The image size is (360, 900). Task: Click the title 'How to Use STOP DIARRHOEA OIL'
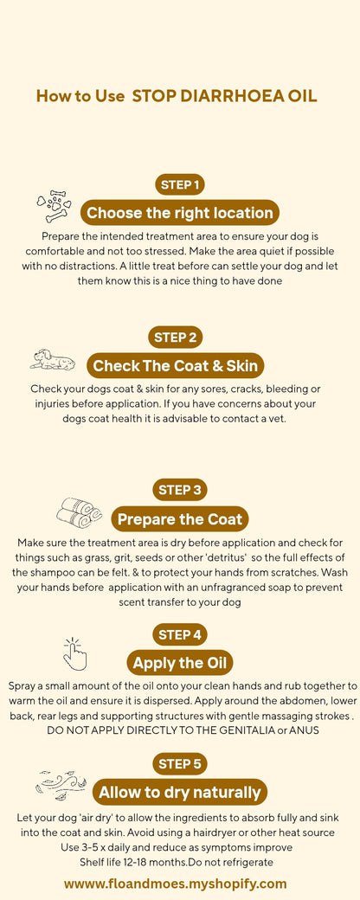pos(177,96)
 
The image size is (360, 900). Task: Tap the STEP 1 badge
pos(180,184)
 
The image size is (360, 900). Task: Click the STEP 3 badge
pos(180,490)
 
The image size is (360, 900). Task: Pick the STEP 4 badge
pos(180,634)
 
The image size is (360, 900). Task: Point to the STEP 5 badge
pos(180,763)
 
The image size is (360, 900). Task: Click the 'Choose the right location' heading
pos(180,213)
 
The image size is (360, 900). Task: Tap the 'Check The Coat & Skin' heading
pos(176,366)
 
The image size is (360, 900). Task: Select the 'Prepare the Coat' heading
pos(180,519)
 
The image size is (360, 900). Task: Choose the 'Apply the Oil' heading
pos(180,664)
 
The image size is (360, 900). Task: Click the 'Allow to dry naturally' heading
pos(180,792)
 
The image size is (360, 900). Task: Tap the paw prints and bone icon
pos(54,206)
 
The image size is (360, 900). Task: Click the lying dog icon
pos(52,359)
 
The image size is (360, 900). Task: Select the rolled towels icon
pos(79,511)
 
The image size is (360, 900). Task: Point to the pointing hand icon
pos(74,654)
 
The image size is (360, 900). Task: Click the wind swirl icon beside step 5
pos(61,785)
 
